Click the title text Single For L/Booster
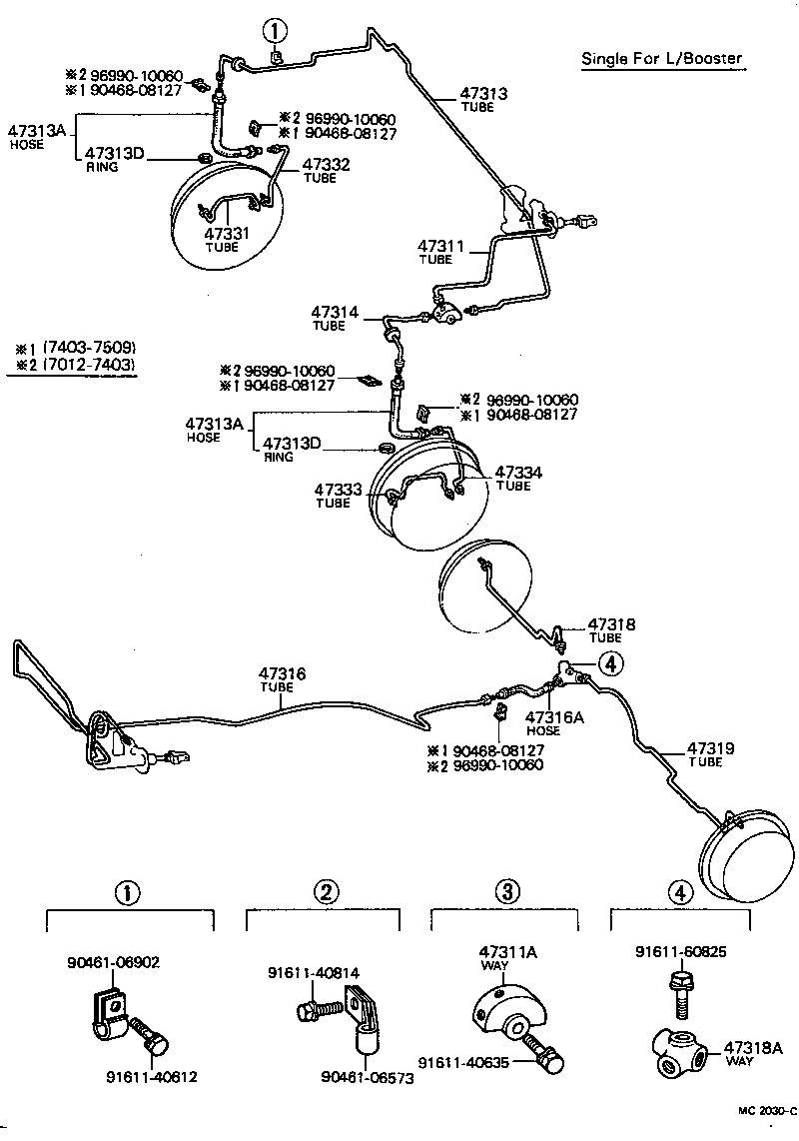[662, 58]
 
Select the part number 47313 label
[483, 94]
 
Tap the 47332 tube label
[326, 164]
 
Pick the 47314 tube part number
[335, 312]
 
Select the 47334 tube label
[518, 472]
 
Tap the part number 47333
[338, 490]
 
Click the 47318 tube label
[611, 623]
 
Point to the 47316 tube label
[282, 675]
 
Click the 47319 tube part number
[711, 747]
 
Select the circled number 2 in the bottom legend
[323, 892]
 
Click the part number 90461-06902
[114, 962]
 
